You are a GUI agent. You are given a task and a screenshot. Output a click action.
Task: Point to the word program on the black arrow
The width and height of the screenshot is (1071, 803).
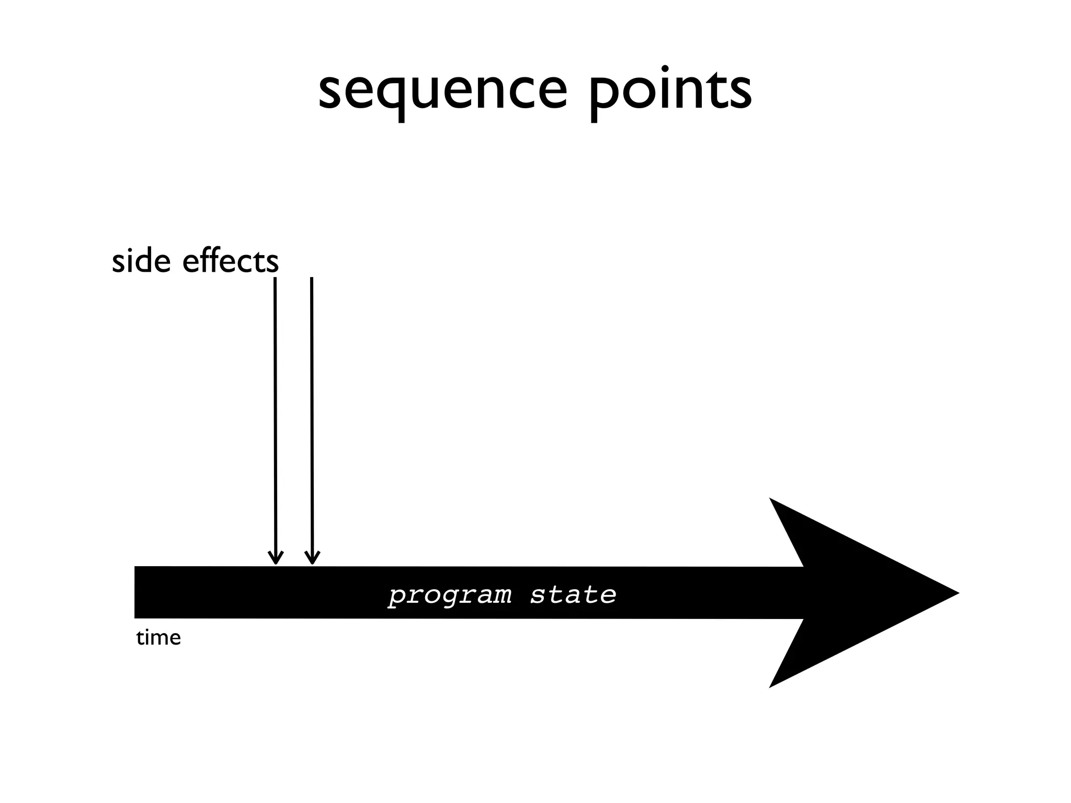tap(450, 595)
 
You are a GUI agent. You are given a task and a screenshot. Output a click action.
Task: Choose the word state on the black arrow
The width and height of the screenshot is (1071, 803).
tap(573, 595)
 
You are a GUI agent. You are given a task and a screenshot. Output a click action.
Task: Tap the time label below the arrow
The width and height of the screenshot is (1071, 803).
tap(158, 638)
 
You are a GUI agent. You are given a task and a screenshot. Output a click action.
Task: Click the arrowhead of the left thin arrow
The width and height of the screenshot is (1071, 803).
tap(276, 559)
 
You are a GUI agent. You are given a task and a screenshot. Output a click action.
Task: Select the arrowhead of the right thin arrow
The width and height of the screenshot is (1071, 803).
tap(312, 559)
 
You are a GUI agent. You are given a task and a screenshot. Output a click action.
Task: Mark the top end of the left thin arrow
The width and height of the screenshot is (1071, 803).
tap(275, 279)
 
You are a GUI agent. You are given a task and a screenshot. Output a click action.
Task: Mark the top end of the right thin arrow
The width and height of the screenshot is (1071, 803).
tap(312, 279)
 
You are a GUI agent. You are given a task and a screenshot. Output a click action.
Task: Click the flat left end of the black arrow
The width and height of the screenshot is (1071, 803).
tap(136, 592)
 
